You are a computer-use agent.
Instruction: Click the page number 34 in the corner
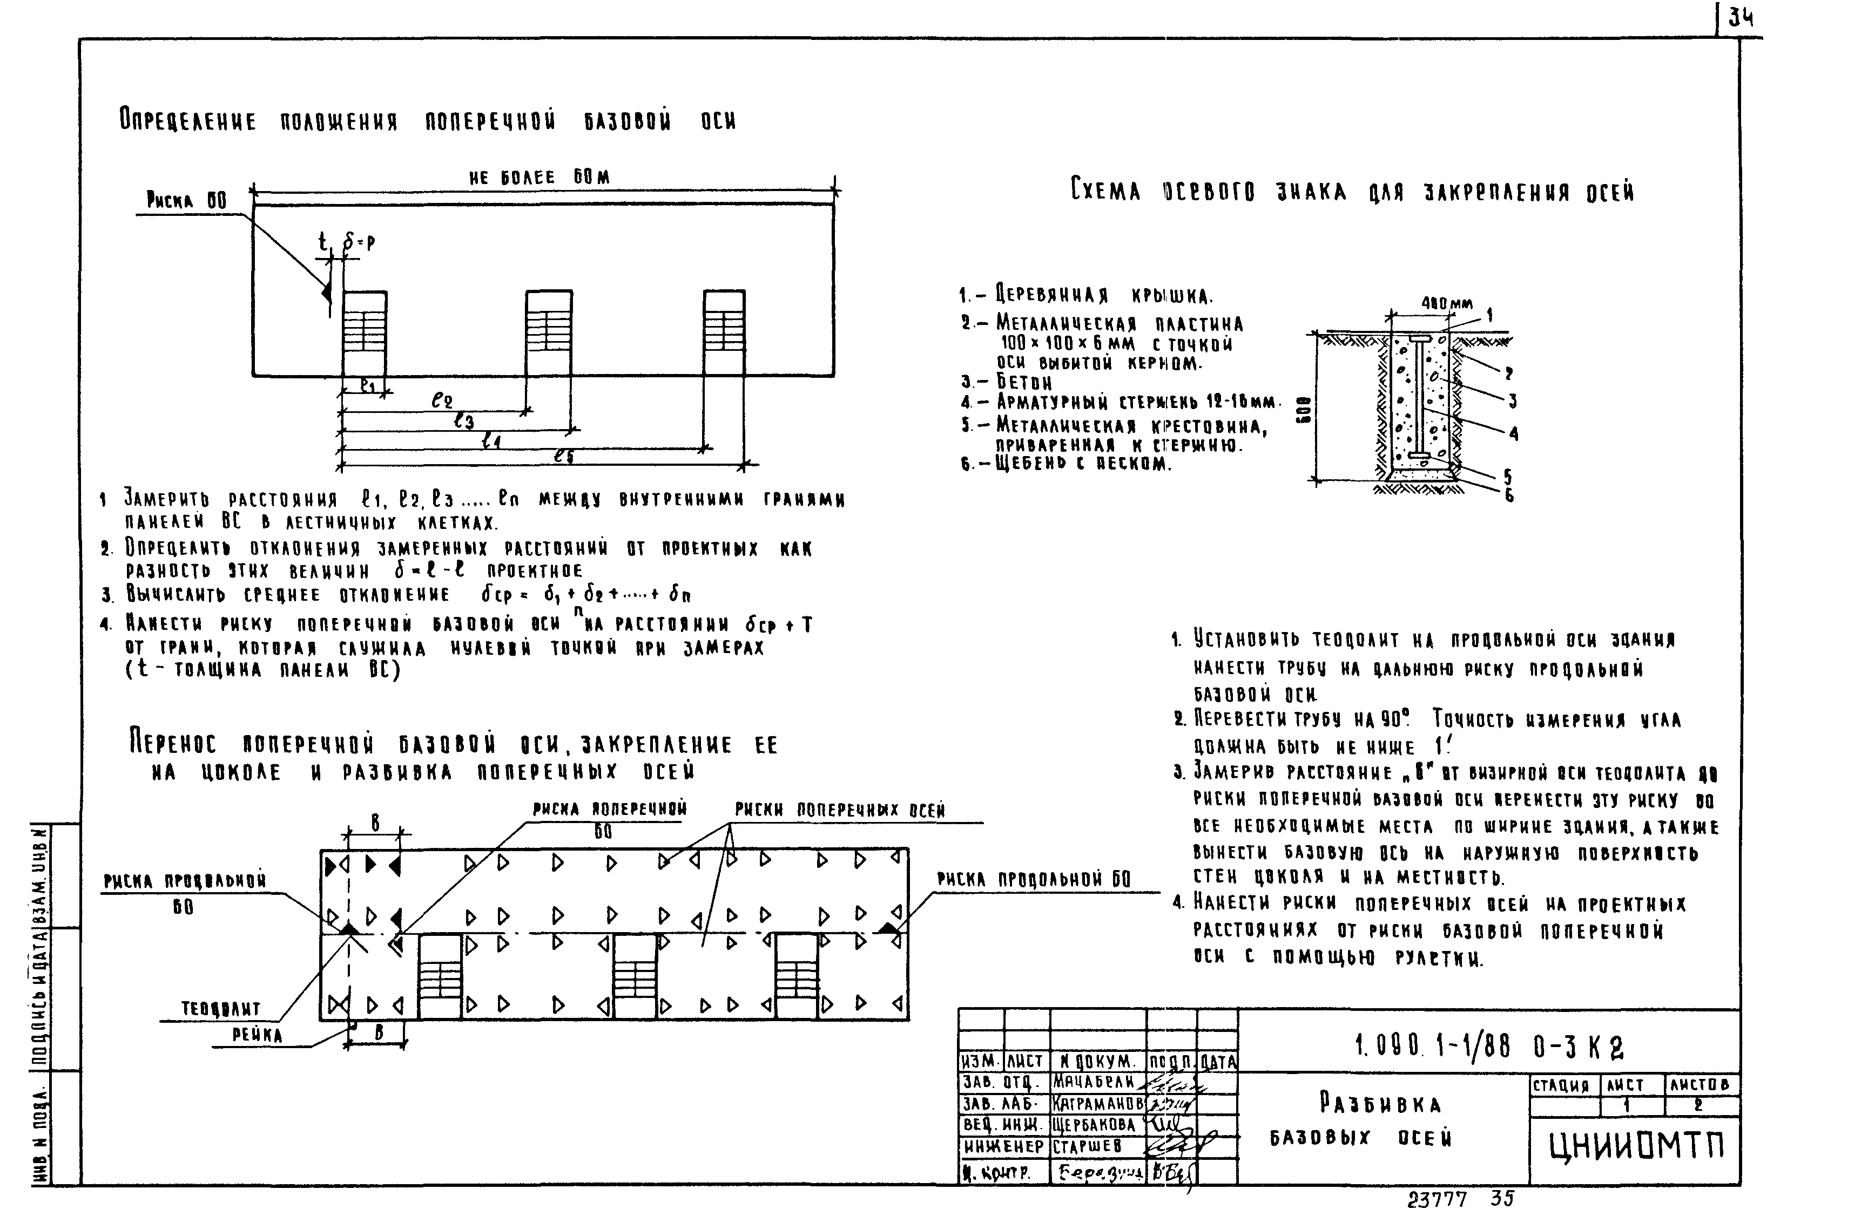[1741, 18]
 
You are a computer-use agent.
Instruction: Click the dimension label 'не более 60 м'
[538, 178]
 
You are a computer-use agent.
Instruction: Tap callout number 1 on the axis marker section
[1489, 315]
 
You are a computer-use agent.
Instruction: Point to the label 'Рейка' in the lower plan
[257, 1035]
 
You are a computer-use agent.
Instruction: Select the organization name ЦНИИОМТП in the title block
[1636, 1147]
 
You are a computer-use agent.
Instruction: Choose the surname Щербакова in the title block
[1097, 1125]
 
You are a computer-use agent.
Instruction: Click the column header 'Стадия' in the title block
[1561, 1086]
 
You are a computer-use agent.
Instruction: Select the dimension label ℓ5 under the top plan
[564, 456]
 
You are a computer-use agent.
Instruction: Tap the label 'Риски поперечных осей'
[840, 810]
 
